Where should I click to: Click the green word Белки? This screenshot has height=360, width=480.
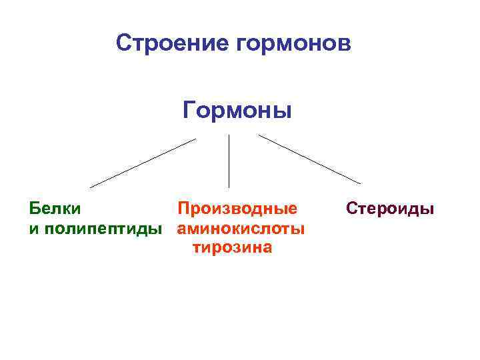[55, 208]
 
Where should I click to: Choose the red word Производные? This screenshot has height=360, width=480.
[237, 208]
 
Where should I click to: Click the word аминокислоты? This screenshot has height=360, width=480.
[241, 229]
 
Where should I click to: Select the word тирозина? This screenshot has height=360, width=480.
[232, 248]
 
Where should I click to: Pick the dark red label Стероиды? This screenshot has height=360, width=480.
[390, 208]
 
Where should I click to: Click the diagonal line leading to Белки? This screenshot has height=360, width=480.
[143, 163]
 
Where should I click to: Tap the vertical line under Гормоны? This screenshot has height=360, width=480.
[229, 161]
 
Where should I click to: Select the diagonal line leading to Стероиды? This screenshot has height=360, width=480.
[310, 159]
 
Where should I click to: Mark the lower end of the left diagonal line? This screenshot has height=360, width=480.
[91, 187]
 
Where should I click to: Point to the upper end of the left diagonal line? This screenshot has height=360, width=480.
[195, 139]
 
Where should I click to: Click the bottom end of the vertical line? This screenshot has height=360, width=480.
[229, 187]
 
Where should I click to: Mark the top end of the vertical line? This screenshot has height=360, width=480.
[229, 135]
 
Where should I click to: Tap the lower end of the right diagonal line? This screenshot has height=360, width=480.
[361, 183]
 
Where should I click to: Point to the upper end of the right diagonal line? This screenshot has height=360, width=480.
[259, 135]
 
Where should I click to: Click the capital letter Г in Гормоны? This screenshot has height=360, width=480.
[189, 109]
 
